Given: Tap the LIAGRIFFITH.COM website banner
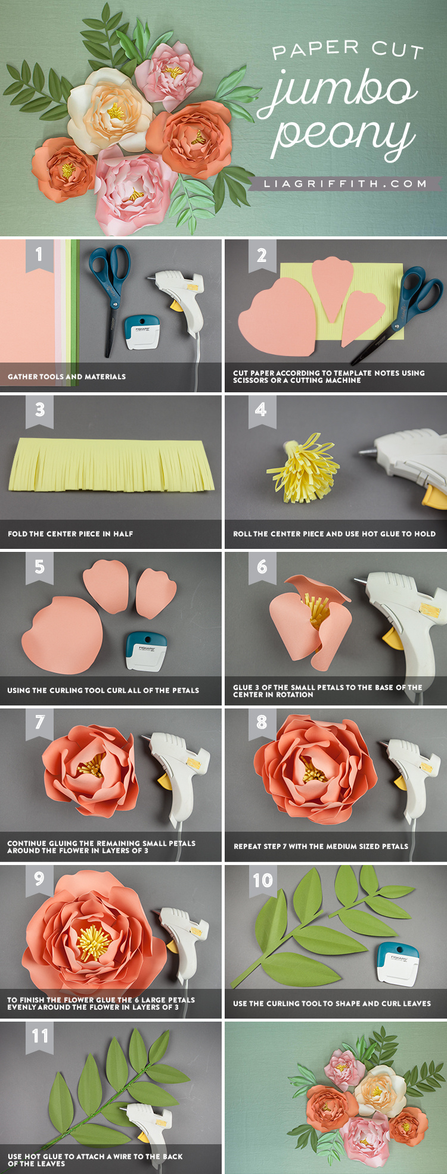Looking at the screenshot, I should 346,184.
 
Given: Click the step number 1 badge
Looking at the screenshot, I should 39,255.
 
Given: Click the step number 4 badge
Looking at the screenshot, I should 261,410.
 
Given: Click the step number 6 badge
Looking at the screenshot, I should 262,567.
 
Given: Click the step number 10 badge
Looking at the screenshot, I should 262,881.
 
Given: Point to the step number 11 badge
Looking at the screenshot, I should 40,1036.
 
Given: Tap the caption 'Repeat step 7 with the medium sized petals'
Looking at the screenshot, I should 321,846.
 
